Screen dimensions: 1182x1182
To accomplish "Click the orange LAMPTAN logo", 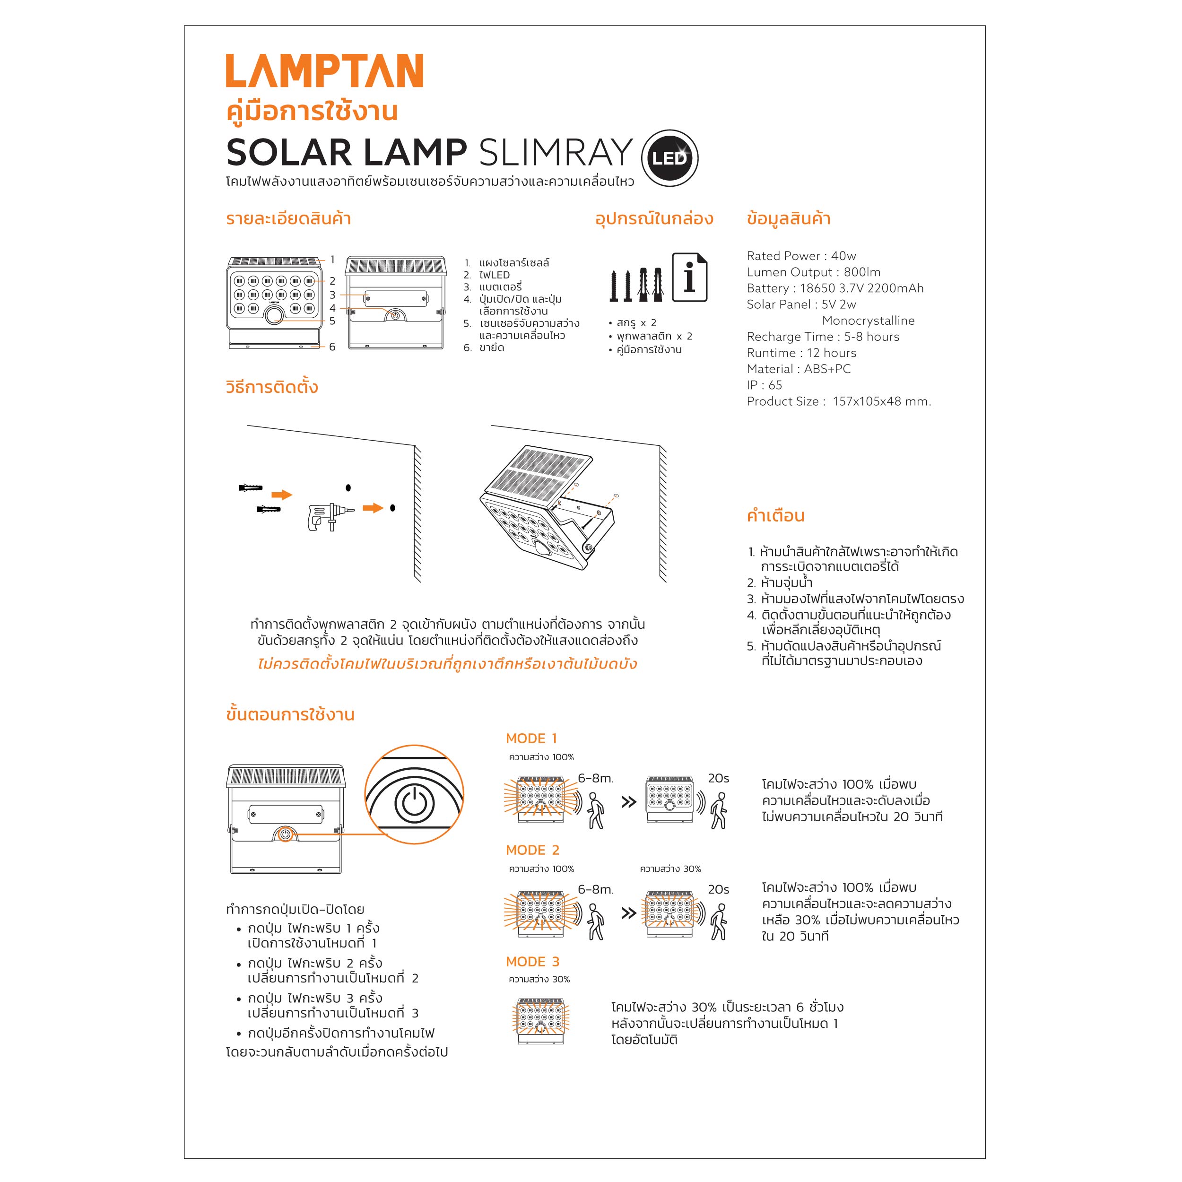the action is [x=324, y=70].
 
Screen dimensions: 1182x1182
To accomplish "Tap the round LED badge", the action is [x=669, y=158].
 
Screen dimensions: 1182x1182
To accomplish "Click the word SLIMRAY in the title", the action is [x=556, y=152].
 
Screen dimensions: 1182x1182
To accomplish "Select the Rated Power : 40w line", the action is [x=801, y=256].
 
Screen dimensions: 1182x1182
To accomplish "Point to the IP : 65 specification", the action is [x=764, y=385].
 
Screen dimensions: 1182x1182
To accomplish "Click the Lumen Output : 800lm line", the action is [x=813, y=272].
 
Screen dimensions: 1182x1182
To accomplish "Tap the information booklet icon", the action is [x=689, y=277].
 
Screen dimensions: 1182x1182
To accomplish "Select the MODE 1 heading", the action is [x=531, y=739].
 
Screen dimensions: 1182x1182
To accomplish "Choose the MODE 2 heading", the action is [x=532, y=850].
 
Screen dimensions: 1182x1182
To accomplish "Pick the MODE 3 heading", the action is [x=532, y=961].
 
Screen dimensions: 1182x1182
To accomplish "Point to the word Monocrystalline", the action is [x=868, y=321].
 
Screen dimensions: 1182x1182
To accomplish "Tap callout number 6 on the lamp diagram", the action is [x=332, y=347].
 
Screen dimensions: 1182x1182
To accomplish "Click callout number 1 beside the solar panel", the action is [x=332, y=260].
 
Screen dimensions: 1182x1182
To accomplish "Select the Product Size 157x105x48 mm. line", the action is [x=839, y=401].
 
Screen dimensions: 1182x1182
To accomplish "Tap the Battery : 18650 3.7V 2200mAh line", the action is [x=835, y=288].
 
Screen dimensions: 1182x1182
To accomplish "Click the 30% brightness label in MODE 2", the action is [x=670, y=869].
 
